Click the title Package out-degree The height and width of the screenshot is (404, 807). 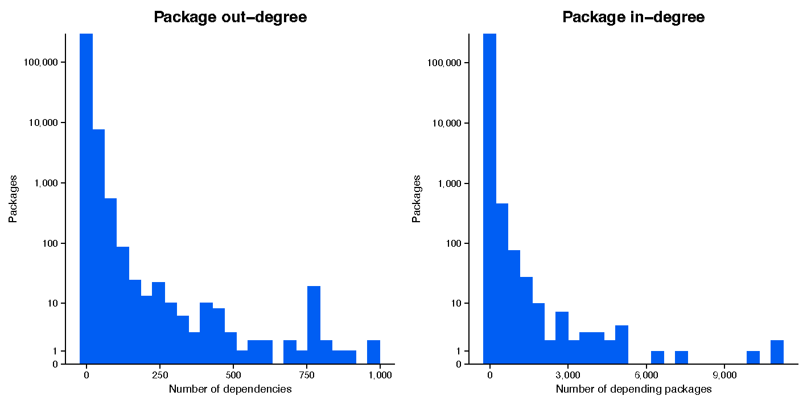[230, 17]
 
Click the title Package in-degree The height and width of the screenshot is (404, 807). [633, 17]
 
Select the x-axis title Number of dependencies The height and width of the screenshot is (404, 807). [230, 389]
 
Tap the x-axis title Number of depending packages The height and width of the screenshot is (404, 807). [633, 389]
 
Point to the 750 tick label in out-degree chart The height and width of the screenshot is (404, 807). [307, 375]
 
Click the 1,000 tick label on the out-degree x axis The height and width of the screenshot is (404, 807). [380, 375]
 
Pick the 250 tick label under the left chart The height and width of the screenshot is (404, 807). [160, 375]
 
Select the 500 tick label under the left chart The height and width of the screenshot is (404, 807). [233, 375]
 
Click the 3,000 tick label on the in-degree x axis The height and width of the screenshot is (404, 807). [568, 375]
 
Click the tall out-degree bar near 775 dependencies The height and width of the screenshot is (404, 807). [314, 325]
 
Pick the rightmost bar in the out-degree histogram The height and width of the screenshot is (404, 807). [373, 352]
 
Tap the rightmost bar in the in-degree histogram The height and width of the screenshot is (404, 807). [777, 352]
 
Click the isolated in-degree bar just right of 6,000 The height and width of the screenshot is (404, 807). [657, 357]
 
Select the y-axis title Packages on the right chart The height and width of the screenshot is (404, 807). [417, 199]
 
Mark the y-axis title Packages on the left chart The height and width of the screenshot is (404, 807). [13, 199]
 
